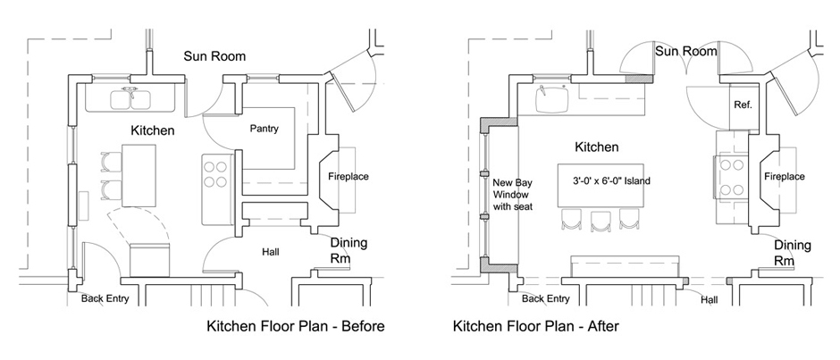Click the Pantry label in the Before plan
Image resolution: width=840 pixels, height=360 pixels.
265,130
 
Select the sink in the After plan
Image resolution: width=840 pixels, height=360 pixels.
552,100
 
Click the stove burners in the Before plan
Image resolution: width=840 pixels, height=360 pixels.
214,173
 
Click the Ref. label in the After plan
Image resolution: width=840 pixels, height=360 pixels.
743,105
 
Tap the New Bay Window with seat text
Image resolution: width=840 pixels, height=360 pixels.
512,194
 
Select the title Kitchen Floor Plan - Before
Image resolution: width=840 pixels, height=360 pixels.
296,326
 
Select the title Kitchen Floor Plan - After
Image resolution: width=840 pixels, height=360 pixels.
535,326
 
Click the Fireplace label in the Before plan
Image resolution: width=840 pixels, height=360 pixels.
349,176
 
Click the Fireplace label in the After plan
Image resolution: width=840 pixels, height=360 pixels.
785,176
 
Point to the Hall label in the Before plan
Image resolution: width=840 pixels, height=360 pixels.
271,251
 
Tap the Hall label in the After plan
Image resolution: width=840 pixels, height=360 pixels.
710,300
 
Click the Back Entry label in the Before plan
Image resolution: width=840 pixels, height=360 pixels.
105,299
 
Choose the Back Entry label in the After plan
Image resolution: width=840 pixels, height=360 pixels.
545,299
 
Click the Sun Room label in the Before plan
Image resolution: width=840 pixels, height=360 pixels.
214,56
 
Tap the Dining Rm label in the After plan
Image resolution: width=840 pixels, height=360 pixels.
793,253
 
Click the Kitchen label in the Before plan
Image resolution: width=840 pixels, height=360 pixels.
153,130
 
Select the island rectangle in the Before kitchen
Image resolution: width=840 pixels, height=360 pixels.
139,176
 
